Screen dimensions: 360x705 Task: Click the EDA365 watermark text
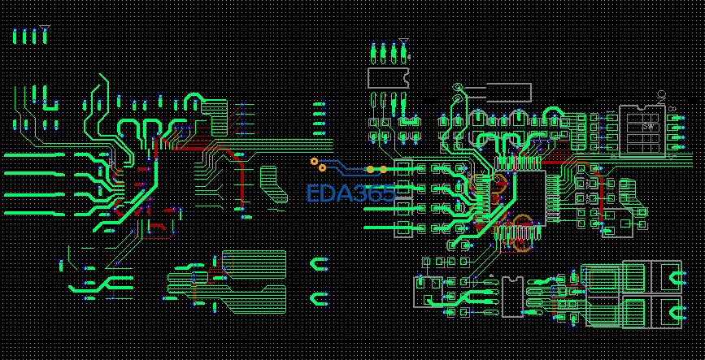tap(350, 193)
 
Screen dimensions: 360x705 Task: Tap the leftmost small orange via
tap(314, 161)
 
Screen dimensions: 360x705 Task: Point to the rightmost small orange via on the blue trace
tap(383, 169)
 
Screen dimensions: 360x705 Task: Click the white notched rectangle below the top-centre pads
tap(389, 78)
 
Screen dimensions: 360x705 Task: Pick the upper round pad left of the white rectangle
tap(457, 88)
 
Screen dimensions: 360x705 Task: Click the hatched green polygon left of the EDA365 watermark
tap(273, 184)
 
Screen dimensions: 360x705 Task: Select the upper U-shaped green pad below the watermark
tap(320, 264)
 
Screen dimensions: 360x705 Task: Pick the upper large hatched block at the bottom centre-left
tap(255, 263)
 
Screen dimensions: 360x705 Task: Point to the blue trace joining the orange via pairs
tap(346, 170)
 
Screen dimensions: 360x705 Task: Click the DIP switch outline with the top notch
tap(642, 130)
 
